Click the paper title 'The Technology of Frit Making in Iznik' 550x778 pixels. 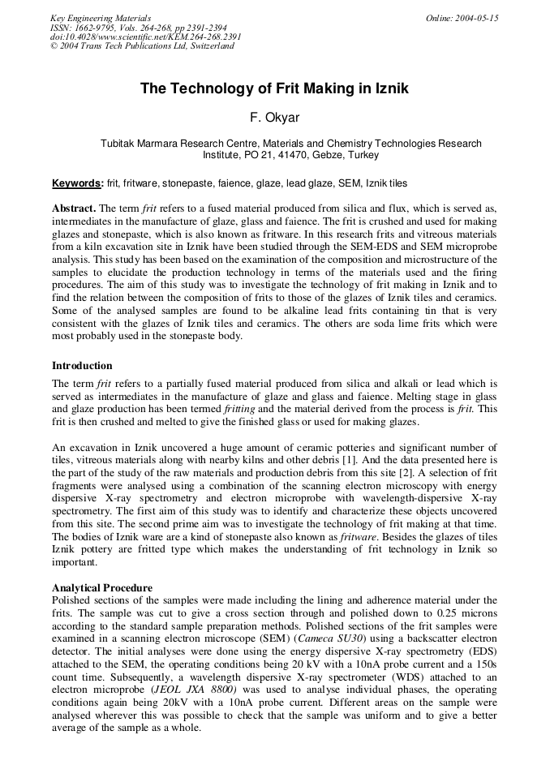pos(274,88)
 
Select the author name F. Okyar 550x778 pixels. pos(274,118)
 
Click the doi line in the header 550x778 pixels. pos(145,37)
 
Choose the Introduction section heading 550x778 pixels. pos(82,366)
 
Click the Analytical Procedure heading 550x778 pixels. pos(101,588)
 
